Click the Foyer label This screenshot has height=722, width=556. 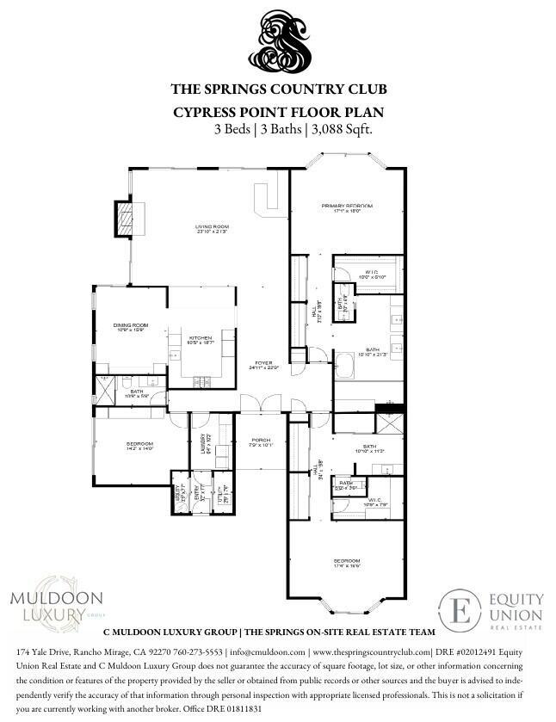[263, 365]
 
